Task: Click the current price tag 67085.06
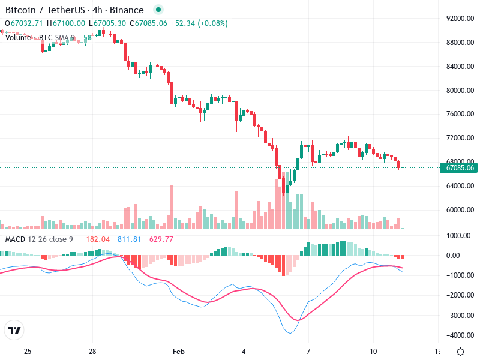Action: coord(460,167)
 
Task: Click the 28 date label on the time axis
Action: coord(92,350)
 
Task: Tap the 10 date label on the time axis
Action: coord(373,350)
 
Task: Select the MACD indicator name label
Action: coord(15,239)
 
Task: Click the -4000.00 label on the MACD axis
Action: coord(460,335)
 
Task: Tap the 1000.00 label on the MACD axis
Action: coord(462,236)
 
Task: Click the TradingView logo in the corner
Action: coord(14,330)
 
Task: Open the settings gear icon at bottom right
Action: coord(460,352)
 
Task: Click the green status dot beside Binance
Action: coord(158,10)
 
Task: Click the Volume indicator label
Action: coord(19,37)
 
